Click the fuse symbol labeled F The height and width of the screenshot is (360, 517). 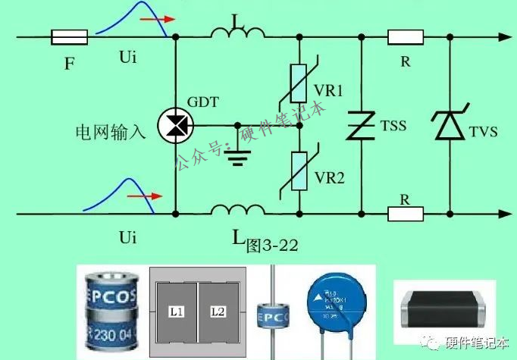(69, 36)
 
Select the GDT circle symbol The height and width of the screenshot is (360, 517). (176, 124)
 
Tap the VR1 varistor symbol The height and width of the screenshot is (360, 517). (299, 86)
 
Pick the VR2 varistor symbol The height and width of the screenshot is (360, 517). (299, 171)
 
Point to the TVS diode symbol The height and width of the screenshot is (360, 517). (450, 126)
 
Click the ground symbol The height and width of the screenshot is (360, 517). (240, 155)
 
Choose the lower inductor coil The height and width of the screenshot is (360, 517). (237, 208)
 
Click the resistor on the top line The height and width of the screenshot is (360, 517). (405, 36)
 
